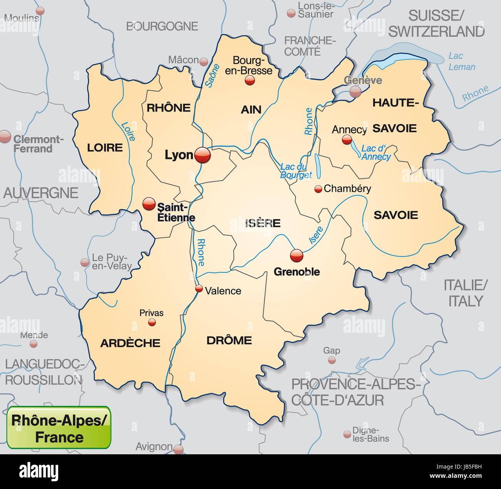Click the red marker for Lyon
(x=203, y=155)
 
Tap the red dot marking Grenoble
(x=296, y=255)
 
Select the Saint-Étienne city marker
(x=149, y=204)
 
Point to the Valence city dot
(x=199, y=288)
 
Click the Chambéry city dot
(x=318, y=189)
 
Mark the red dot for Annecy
(x=347, y=140)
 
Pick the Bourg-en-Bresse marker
(x=250, y=80)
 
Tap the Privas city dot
(x=152, y=322)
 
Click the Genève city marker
(x=355, y=91)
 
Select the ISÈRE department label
(x=263, y=223)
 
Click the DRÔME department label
(x=229, y=340)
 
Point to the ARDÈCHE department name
(x=130, y=343)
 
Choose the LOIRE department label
(x=105, y=147)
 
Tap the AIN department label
(x=251, y=110)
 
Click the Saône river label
(x=212, y=76)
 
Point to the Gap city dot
(x=332, y=360)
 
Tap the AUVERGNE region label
(x=41, y=193)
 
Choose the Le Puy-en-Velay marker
(x=85, y=263)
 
